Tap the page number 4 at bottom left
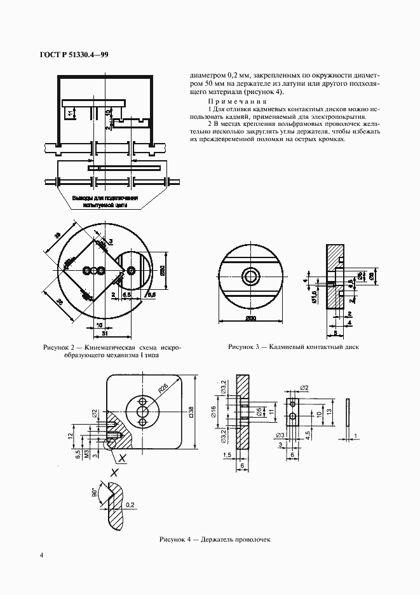tap(42, 555)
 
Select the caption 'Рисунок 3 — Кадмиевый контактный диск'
tap(294, 348)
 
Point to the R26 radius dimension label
tap(164, 388)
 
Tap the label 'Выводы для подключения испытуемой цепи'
tap(105, 202)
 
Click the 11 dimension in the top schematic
tap(69, 113)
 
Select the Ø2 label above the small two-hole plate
tap(304, 387)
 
